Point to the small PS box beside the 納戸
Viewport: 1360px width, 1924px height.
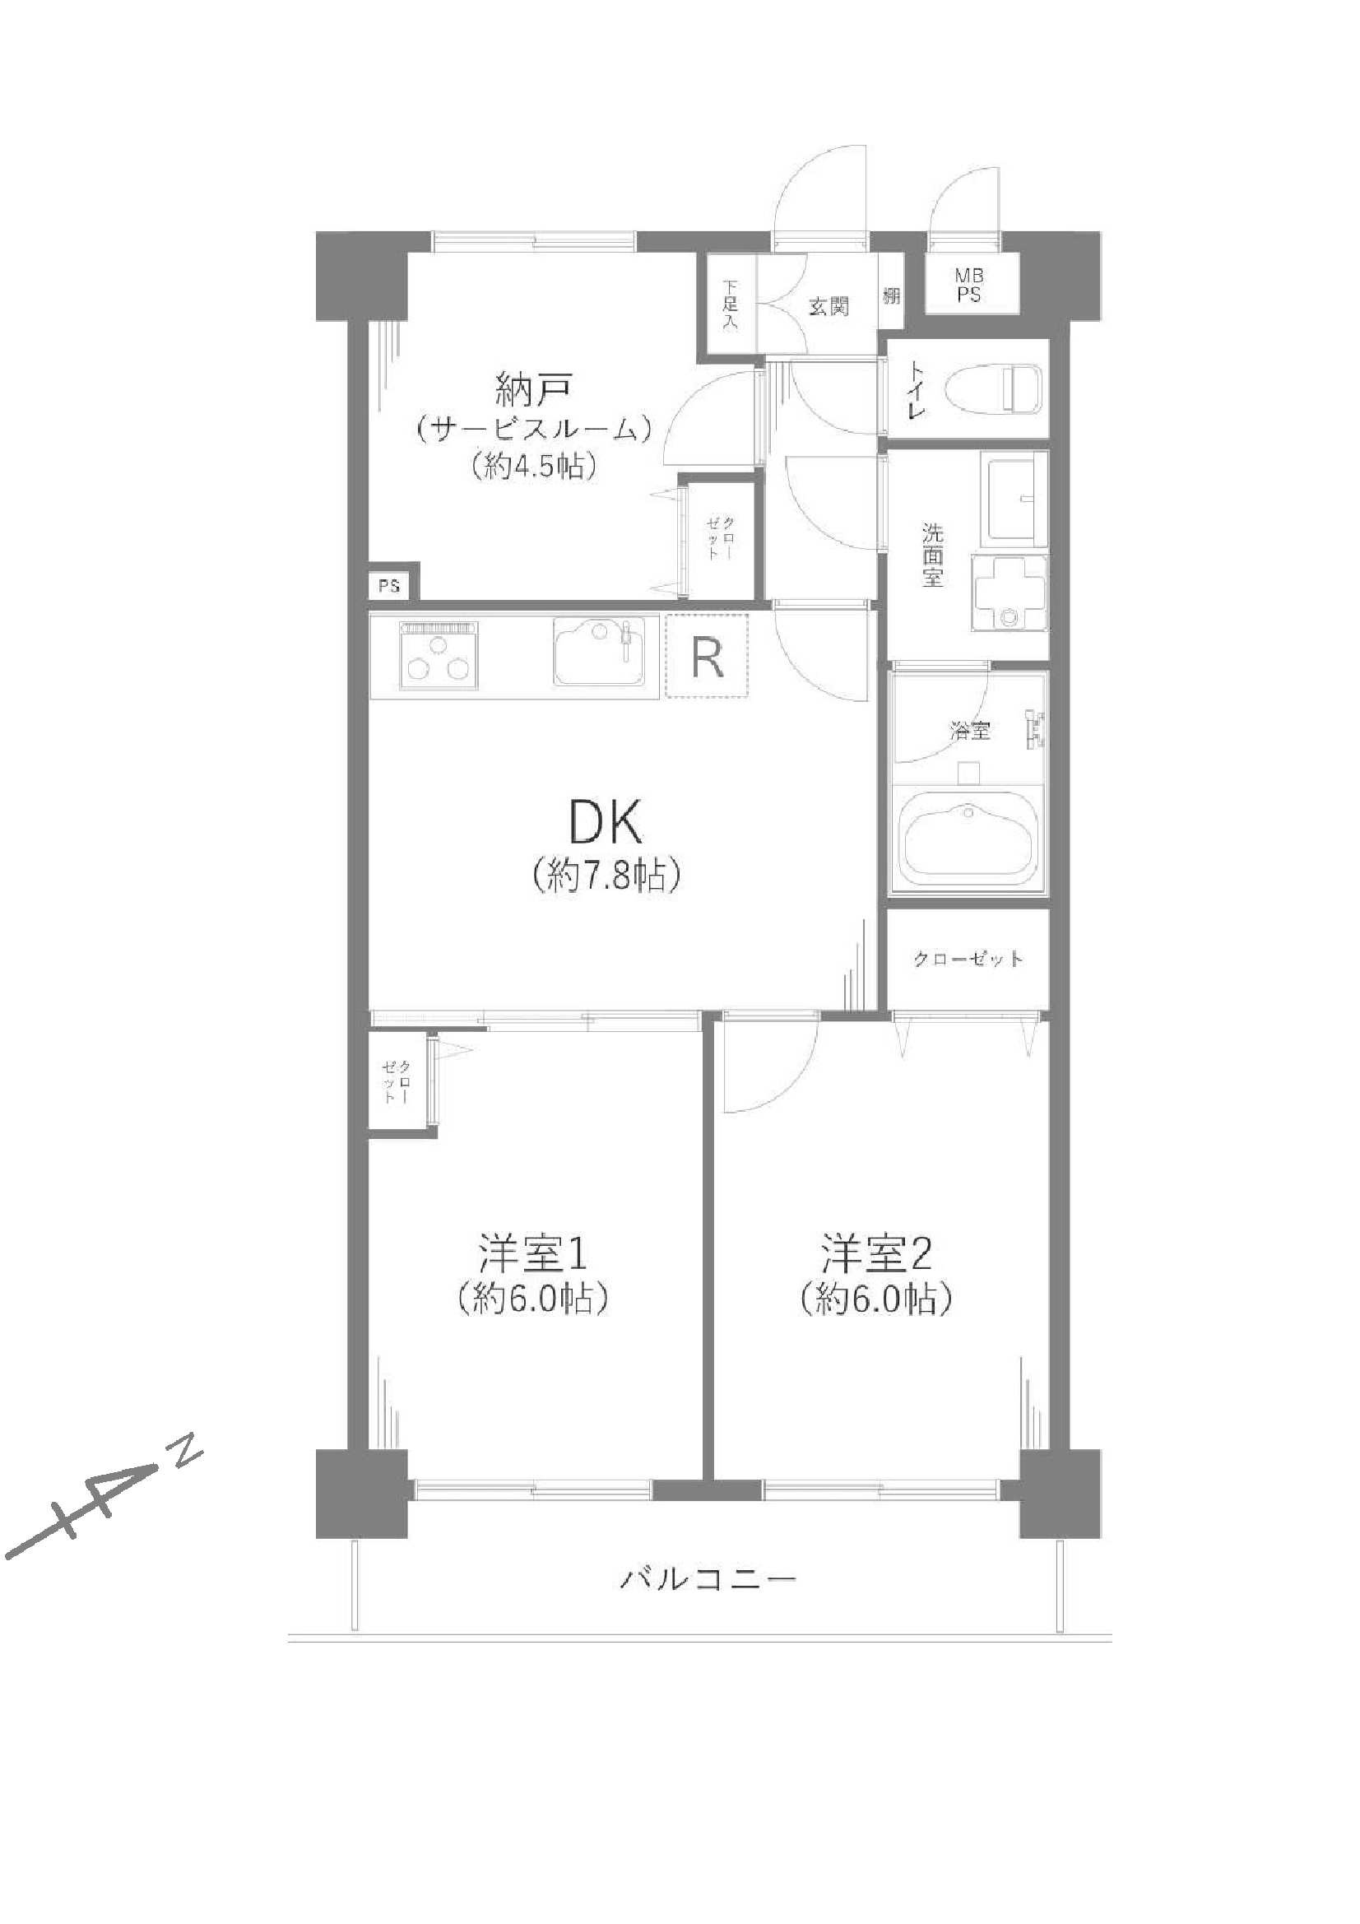tap(388, 586)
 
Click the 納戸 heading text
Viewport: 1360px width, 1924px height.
tap(534, 391)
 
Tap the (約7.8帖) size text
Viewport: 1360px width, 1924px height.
tap(605, 876)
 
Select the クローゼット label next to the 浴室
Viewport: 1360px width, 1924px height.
tap(968, 959)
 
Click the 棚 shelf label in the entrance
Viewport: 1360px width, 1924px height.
tap(891, 295)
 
